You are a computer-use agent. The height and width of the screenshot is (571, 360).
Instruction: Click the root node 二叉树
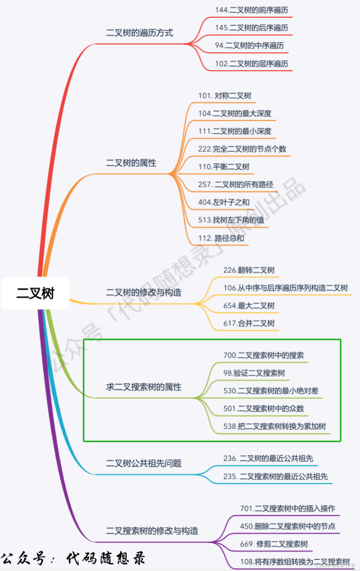(x=35, y=293)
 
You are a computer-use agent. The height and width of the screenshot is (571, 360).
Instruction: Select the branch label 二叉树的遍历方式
(x=140, y=33)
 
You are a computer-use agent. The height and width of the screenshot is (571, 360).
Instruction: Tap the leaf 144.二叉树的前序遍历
(x=252, y=10)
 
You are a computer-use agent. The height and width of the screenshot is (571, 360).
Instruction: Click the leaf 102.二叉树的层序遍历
(x=252, y=64)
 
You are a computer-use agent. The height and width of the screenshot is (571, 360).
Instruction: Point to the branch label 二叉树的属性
(x=131, y=163)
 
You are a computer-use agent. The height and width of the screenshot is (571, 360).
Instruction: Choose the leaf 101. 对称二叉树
(x=225, y=96)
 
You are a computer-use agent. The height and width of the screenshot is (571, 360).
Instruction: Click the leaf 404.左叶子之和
(x=224, y=202)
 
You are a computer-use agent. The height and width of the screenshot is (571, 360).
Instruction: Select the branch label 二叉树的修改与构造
(x=144, y=293)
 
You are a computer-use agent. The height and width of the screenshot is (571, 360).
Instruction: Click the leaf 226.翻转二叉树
(x=249, y=270)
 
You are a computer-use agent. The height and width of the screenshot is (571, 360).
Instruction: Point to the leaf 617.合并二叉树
(x=249, y=323)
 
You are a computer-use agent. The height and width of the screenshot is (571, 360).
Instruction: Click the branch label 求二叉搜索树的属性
(x=144, y=387)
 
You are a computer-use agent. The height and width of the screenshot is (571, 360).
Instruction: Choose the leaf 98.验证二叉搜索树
(x=254, y=373)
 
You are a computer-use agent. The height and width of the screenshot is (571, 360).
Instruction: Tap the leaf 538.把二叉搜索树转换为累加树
(x=274, y=426)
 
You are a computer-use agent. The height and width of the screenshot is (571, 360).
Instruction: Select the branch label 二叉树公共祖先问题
(x=144, y=463)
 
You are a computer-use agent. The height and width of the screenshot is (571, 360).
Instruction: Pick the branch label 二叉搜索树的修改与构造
(x=152, y=530)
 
